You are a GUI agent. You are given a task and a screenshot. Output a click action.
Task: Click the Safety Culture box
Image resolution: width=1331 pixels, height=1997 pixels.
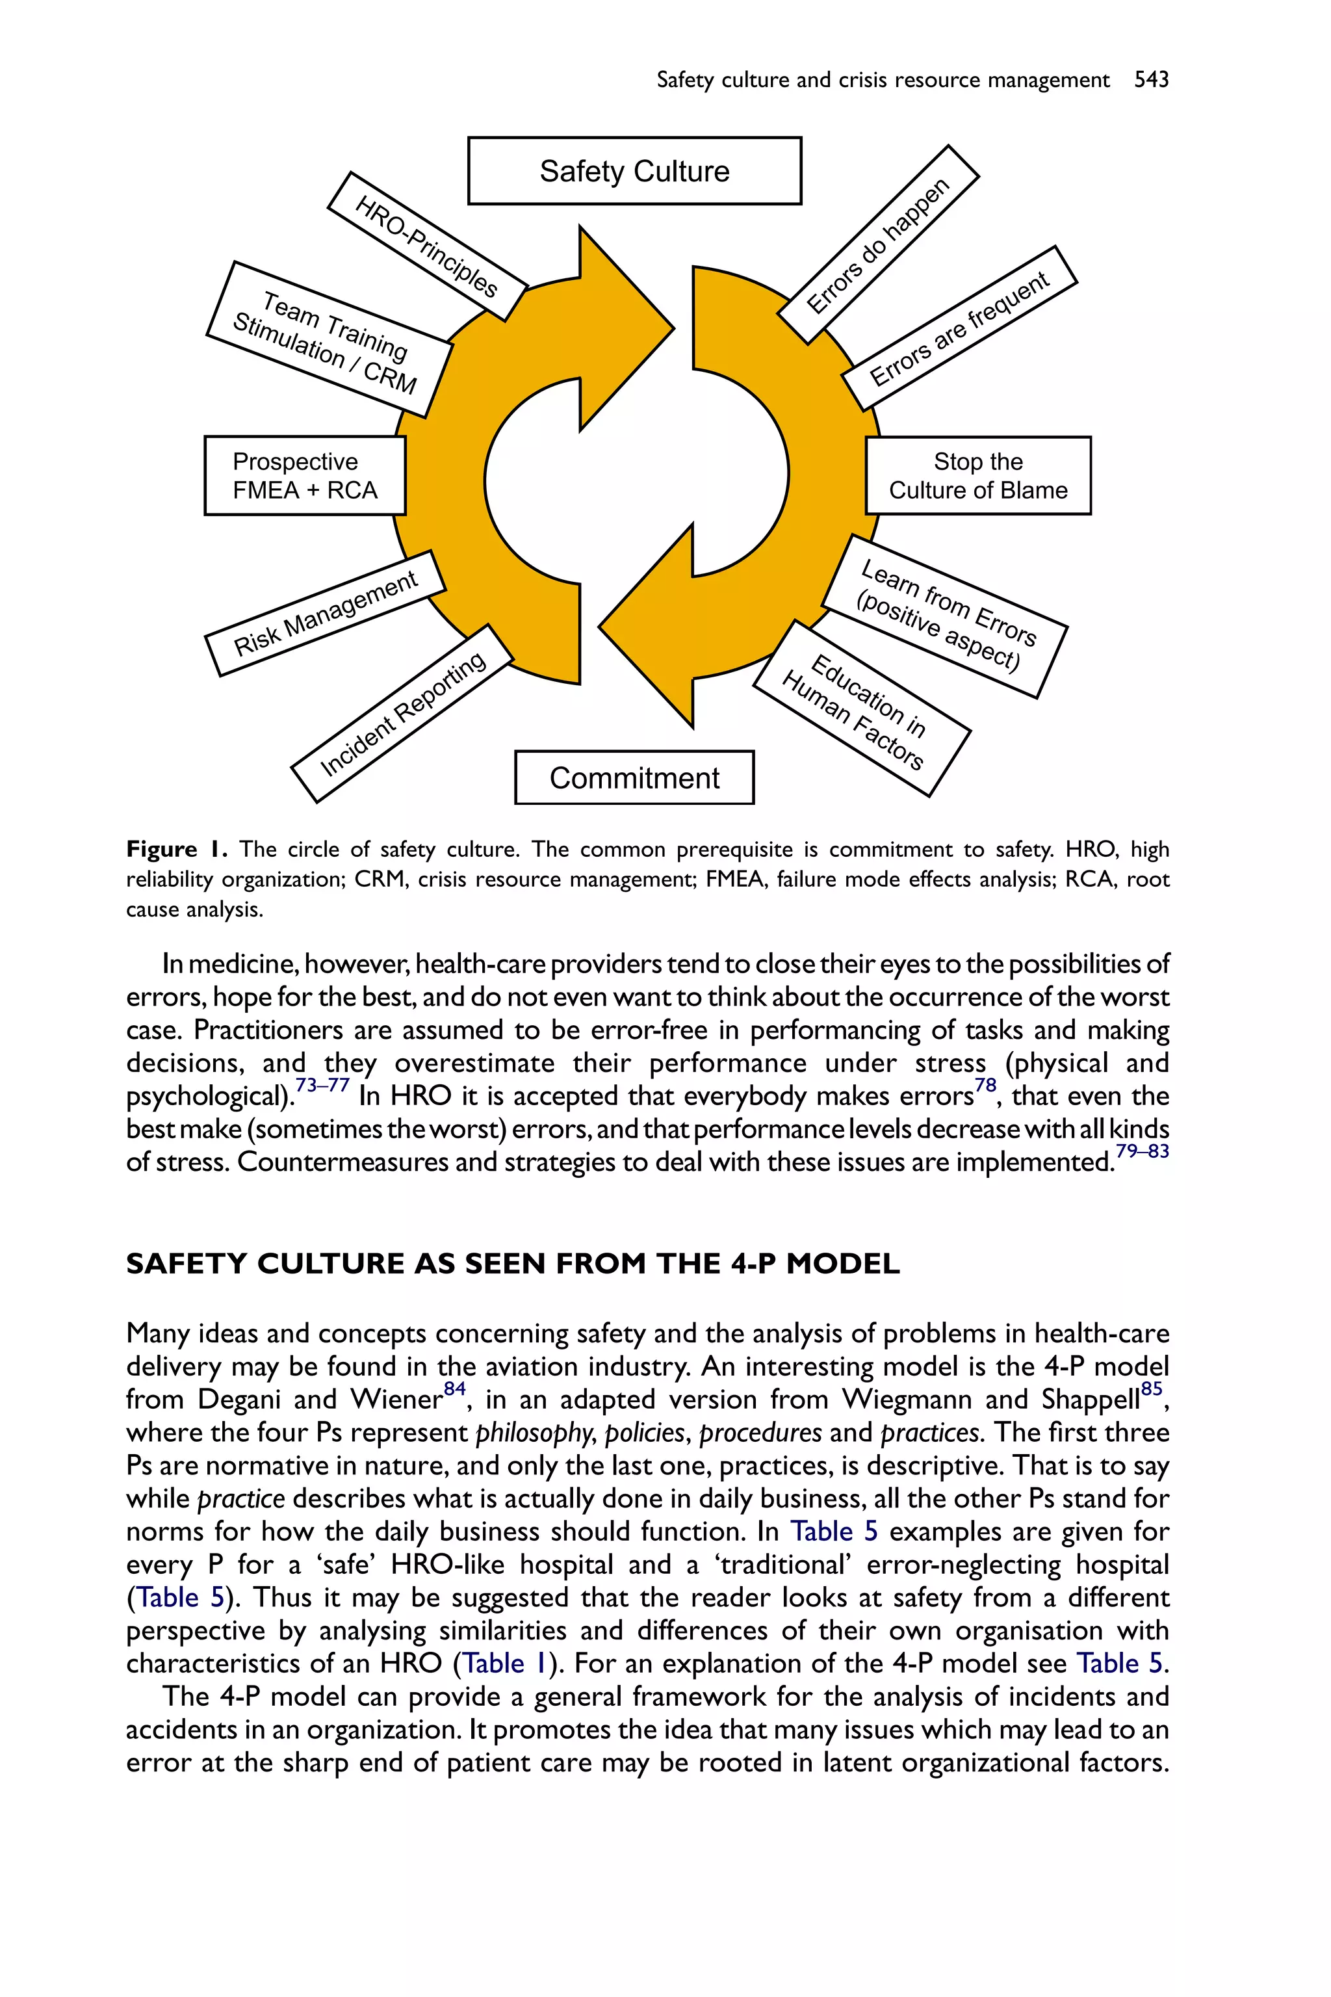coord(634,171)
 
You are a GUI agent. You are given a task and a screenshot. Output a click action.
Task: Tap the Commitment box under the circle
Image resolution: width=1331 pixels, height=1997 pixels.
coord(634,777)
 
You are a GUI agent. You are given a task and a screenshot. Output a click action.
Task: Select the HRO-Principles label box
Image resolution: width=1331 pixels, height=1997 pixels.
coord(427,246)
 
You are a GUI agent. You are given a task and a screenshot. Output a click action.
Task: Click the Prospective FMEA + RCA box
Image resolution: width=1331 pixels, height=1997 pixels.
coord(305,475)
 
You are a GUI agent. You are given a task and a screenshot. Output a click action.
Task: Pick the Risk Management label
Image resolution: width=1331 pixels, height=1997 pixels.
coord(325,613)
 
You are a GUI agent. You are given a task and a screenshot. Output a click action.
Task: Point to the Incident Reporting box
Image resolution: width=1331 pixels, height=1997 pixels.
coord(402,713)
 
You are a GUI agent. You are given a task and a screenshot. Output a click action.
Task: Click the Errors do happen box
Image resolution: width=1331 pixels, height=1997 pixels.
coord(878,244)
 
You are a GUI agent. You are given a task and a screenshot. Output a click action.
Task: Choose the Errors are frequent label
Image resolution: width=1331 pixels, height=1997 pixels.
coord(959,328)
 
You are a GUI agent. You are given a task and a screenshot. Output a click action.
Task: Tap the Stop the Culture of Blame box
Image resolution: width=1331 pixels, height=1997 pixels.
coord(978,475)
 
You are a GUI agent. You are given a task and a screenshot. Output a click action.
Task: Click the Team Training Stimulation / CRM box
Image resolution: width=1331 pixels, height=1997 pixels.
coord(330,339)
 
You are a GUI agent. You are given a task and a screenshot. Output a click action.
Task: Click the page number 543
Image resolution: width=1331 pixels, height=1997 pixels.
coord(1151,80)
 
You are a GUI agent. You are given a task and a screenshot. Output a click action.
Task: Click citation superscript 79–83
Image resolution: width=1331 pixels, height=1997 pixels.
coord(1142,1151)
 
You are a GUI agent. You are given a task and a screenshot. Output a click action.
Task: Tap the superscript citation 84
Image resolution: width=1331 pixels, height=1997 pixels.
coord(455,1389)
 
